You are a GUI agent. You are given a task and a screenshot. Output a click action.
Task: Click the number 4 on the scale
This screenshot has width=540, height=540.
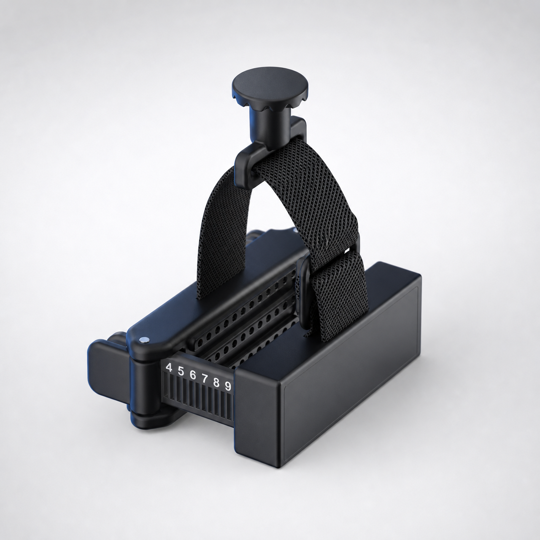click(169, 367)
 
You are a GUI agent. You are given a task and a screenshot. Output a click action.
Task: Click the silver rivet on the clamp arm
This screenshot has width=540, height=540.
click(144, 340)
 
